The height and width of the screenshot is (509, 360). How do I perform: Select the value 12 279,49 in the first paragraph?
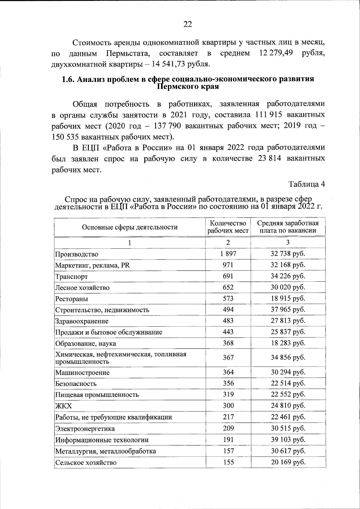(x=276, y=53)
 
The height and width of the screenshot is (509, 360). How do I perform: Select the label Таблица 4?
(x=307, y=184)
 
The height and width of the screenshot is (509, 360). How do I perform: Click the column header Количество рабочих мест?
(x=228, y=227)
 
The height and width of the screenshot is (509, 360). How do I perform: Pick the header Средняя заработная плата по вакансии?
(x=288, y=227)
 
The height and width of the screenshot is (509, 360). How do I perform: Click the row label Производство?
(x=77, y=254)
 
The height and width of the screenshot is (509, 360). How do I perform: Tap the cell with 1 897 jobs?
(x=228, y=254)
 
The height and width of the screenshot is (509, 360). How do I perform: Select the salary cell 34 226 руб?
(x=288, y=276)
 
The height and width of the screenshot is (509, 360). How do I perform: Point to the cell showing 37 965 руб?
(x=288, y=310)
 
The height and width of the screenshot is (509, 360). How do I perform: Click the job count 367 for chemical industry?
(x=228, y=358)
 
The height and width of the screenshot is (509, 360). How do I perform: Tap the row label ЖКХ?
(x=63, y=406)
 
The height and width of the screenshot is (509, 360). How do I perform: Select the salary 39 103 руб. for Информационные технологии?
(x=288, y=440)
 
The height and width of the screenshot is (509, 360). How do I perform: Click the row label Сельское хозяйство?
(x=85, y=462)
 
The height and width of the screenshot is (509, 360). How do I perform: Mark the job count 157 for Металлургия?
(x=228, y=451)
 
